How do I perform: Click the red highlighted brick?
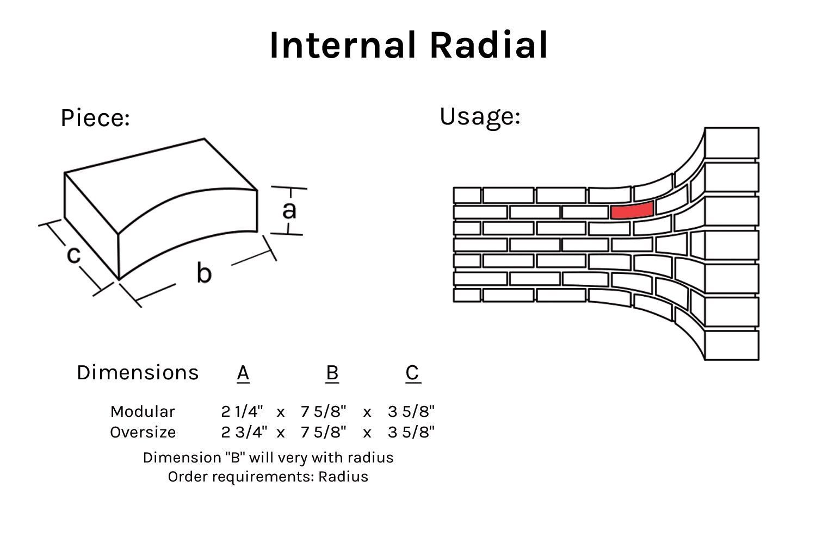pyautogui.click(x=632, y=210)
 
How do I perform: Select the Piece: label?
pyautogui.click(x=95, y=118)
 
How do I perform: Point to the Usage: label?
pyautogui.click(x=480, y=116)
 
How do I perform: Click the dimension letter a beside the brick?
pyautogui.click(x=289, y=210)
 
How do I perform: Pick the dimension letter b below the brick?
pyautogui.click(x=203, y=272)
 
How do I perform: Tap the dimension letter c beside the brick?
pyautogui.click(x=73, y=254)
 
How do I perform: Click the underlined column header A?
pyautogui.click(x=243, y=373)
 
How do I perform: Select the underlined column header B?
pyautogui.click(x=332, y=373)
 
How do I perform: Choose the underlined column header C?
pyautogui.click(x=412, y=373)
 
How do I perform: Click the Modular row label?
pyautogui.click(x=143, y=411)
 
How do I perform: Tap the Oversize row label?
pyautogui.click(x=143, y=432)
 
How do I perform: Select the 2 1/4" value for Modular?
pyautogui.click(x=242, y=411)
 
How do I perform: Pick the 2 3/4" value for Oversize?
pyautogui.click(x=244, y=432)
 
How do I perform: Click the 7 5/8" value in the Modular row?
pyautogui.click(x=323, y=411)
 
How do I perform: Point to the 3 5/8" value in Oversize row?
pyautogui.click(x=411, y=432)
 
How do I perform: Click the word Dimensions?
pyautogui.click(x=138, y=373)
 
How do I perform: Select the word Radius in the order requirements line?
pyautogui.click(x=343, y=477)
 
